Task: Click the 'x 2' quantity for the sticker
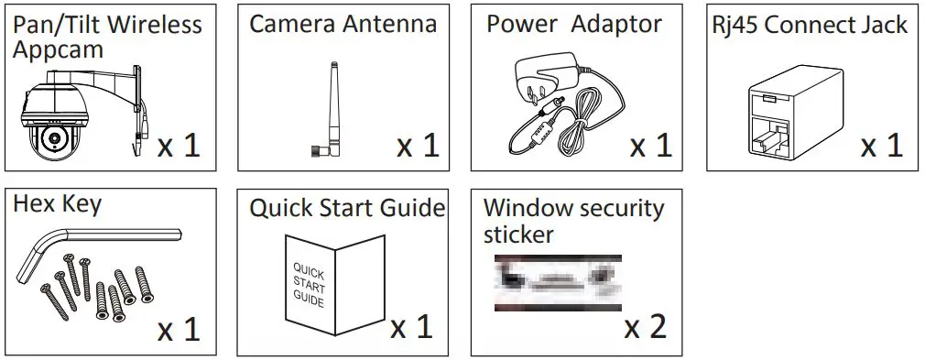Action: tap(646, 327)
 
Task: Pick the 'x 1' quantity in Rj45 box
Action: tap(881, 145)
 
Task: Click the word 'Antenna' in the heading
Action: tap(392, 24)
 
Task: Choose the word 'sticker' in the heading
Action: tap(518, 234)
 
